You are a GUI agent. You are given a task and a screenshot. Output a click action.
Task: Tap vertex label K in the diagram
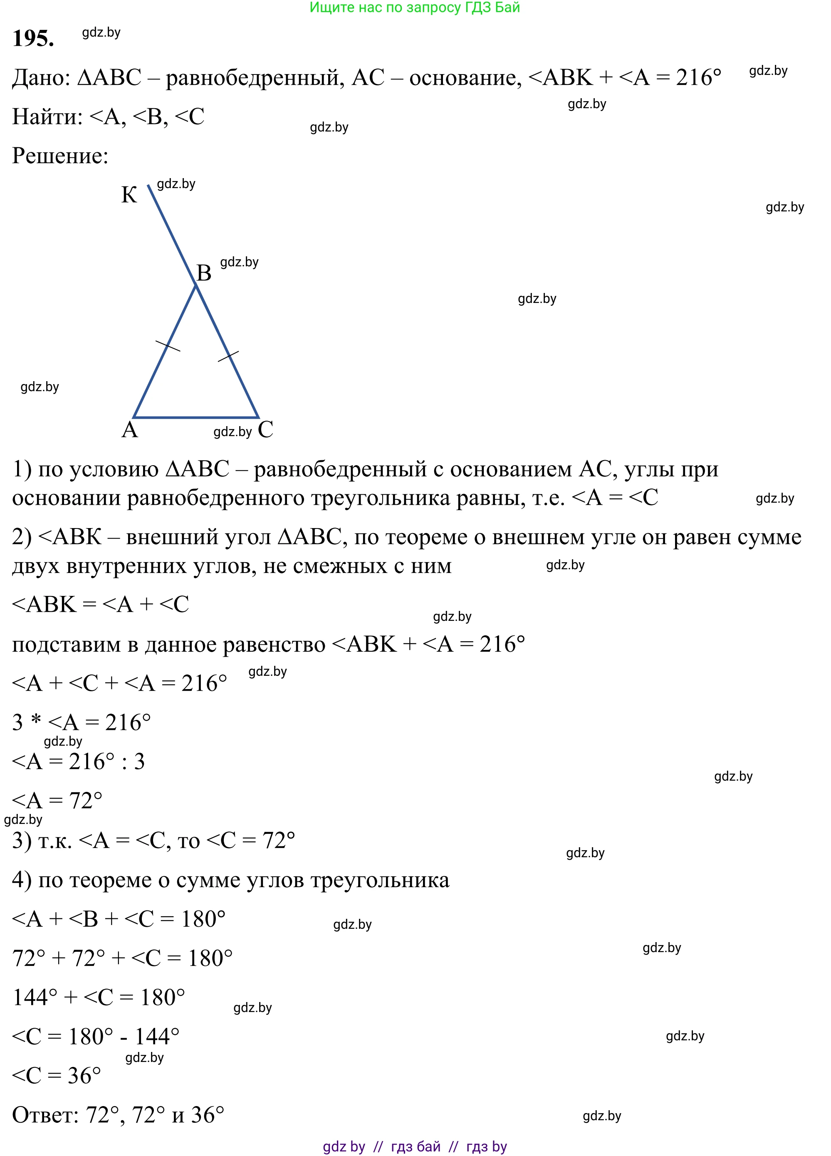click(129, 195)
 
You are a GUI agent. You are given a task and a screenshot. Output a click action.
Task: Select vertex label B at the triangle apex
click(204, 273)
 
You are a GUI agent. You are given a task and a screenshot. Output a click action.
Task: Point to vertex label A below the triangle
click(129, 430)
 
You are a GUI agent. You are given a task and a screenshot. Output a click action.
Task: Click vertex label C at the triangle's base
click(265, 429)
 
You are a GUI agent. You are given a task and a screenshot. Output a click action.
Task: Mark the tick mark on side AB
click(168, 345)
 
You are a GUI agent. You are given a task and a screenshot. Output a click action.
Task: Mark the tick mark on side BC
click(228, 356)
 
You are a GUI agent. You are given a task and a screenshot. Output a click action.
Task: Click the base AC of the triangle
click(196, 417)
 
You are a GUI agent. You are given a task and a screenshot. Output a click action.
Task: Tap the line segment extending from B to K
click(172, 234)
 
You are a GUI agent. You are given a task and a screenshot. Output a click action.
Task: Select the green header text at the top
click(415, 7)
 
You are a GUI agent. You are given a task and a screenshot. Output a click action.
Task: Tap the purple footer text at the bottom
click(415, 1146)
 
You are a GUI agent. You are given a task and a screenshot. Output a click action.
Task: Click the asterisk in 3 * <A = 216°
click(36, 721)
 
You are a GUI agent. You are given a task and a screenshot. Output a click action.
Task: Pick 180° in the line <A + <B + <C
click(203, 919)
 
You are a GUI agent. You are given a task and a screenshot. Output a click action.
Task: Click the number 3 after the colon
click(139, 762)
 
